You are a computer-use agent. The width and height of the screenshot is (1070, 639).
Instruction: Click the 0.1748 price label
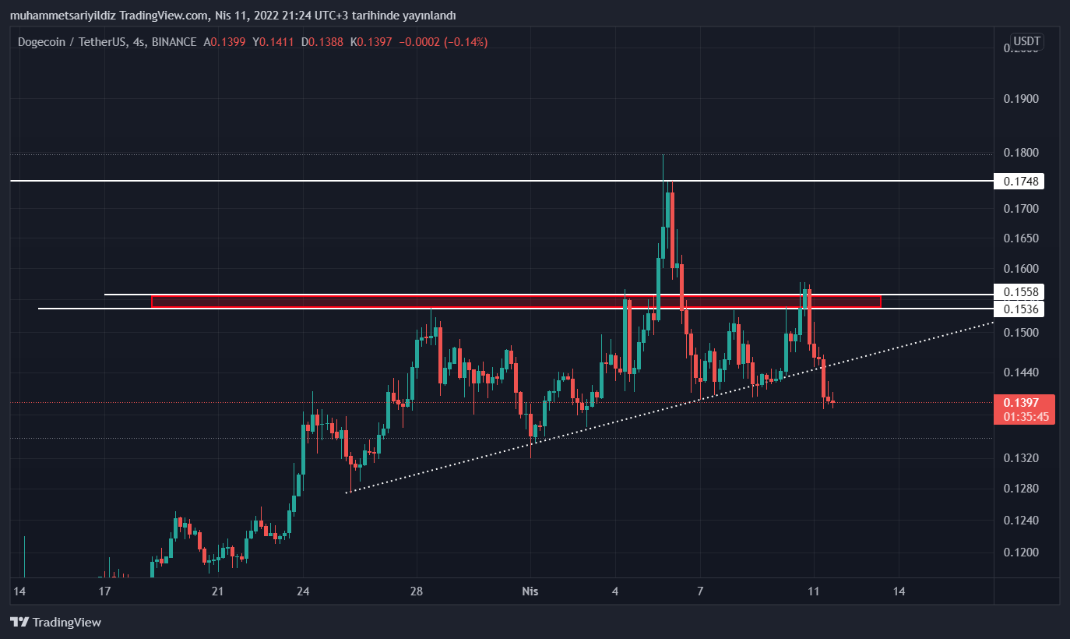click(x=1020, y=181)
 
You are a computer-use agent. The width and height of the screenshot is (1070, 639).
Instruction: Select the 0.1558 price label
click(x=1020, y=291)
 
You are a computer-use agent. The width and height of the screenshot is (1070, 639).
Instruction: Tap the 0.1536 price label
click(x=1020, y=309)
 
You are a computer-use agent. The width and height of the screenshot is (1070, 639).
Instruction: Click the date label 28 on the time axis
click(x=417, y=591)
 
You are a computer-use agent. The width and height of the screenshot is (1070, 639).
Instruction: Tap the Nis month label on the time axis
click(x=530, y=591)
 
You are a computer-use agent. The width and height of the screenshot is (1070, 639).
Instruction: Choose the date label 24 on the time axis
click(x=304, y=591)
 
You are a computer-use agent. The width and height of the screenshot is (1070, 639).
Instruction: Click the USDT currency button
click(x=1026, y=41)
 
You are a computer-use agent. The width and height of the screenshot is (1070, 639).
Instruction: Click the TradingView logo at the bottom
click(x=55, y=622)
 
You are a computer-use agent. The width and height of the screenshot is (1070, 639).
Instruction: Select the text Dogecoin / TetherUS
click(x=72, y=42)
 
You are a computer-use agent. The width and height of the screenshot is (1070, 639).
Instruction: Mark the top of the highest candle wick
click(x=663, y=155)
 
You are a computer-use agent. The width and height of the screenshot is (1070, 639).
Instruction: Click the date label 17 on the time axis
click(x=104, y=591)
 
